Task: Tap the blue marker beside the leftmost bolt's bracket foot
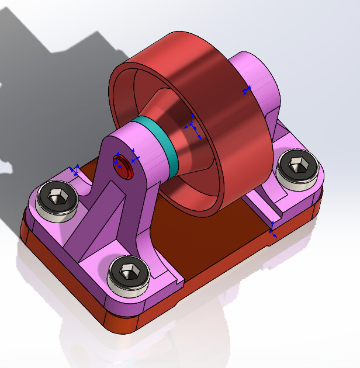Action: coord(74,170)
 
